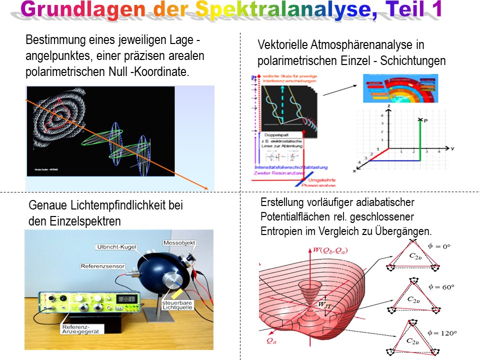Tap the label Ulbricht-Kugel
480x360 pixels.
tap(114, 247)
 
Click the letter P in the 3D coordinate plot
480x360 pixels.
tap(426, 120)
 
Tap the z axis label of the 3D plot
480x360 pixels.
tap(388, 107)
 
